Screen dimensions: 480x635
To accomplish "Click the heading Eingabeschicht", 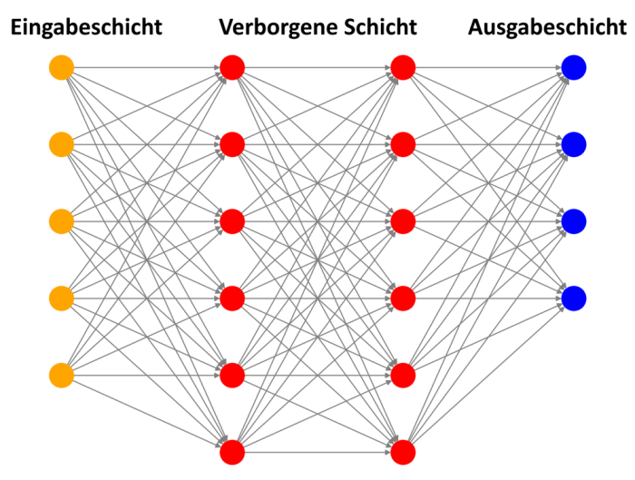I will click(x=86, y=27).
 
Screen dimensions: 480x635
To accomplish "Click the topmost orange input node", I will click(x=61, y=67).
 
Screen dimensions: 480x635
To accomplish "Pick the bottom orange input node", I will click(x=61, y=375).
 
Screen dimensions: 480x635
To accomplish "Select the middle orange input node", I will click(x=61, y=220).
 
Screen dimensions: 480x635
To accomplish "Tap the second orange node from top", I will click(x=61, y=144).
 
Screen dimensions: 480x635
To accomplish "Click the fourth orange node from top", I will click(x=61, y=298).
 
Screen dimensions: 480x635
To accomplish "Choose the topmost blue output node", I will click(x=573, y=67).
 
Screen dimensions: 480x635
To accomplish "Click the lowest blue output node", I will click(x=573, y=298).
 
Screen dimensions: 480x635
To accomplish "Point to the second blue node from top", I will click(x=573, y=144).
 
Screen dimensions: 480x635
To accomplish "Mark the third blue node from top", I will click(x=573, y=220).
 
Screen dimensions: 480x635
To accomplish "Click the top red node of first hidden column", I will click(x=232, y=67).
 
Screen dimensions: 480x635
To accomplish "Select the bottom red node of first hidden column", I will click(x=232, y=451).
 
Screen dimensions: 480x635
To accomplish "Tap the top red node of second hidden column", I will click(x=403, y=67).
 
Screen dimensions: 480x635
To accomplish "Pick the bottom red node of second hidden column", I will click(x=403, y=451).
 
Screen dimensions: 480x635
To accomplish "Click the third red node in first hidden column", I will click(x=232, y=220).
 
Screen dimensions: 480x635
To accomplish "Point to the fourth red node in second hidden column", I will click(x=403, y=298).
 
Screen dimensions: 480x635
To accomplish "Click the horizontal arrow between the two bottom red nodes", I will click(x=317, y=451).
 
